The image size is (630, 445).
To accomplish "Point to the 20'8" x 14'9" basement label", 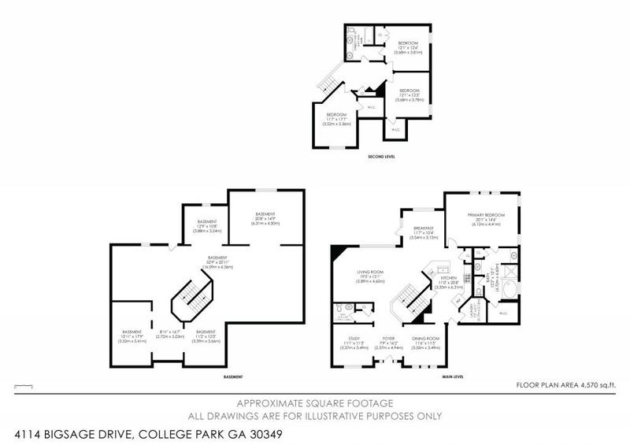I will (265, 218).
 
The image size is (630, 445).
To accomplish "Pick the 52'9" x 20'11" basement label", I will (195, 261).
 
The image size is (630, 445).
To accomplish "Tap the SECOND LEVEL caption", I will (381, 158).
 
